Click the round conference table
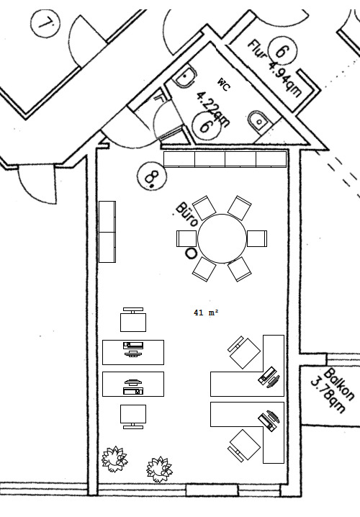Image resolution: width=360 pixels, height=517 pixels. coord(222,238)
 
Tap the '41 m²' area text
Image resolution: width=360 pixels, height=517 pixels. coord(206,313)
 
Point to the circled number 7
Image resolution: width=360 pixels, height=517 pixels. coord(47,25)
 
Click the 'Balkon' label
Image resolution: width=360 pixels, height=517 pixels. coord(339,385)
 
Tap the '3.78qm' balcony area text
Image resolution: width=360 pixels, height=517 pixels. coord(325,394)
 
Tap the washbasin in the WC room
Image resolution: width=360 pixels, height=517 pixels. coord(256,121)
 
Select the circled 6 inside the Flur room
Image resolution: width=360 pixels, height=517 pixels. coord(282,52)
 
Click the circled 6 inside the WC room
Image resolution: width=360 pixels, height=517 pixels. coord(206,126)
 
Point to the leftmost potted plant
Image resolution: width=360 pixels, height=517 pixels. coord(114,458)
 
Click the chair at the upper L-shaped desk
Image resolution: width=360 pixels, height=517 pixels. coord(244,352)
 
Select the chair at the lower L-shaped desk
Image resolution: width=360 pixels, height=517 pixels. coord(244,444)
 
